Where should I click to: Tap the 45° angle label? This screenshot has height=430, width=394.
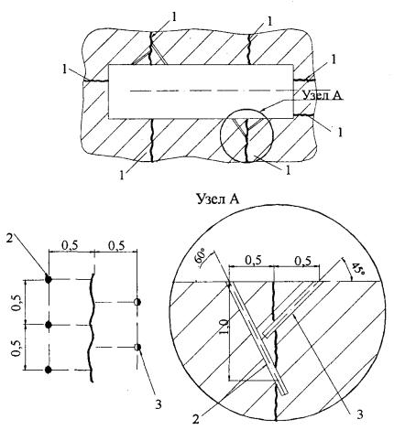point(357,268)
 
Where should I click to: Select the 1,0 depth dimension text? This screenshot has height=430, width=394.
point(224,327)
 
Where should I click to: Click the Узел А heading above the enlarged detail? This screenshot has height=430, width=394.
point(217,199)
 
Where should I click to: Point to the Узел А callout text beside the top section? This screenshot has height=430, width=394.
point(323,95)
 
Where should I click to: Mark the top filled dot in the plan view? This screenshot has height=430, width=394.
point(48,279)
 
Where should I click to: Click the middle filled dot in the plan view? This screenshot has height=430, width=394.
point(48,325)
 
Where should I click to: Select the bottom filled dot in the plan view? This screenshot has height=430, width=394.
point(48,370)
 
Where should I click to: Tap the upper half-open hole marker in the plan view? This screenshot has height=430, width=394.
point(137,302)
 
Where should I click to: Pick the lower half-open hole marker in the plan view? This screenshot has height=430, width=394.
point(137,347)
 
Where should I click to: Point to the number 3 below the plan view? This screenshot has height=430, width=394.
point(159,404)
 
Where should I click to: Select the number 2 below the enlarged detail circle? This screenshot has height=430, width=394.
point(195,419)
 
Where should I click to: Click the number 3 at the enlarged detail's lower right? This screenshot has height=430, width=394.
point(360,414)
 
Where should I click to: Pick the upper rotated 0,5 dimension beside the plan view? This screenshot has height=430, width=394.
point(16,303)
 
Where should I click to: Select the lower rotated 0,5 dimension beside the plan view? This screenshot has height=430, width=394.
point(16,348)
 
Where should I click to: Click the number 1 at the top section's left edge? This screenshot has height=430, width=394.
point(65,70)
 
